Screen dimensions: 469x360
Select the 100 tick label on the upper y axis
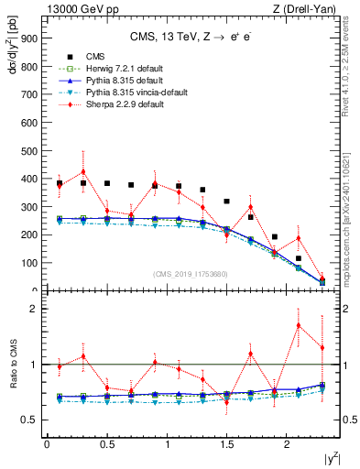(30, 263)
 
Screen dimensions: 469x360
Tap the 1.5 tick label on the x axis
(227, 445)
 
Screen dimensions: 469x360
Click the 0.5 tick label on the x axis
(107, 445)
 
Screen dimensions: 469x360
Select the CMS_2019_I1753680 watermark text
(193, 272)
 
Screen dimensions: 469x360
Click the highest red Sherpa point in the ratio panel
(299, 325)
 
